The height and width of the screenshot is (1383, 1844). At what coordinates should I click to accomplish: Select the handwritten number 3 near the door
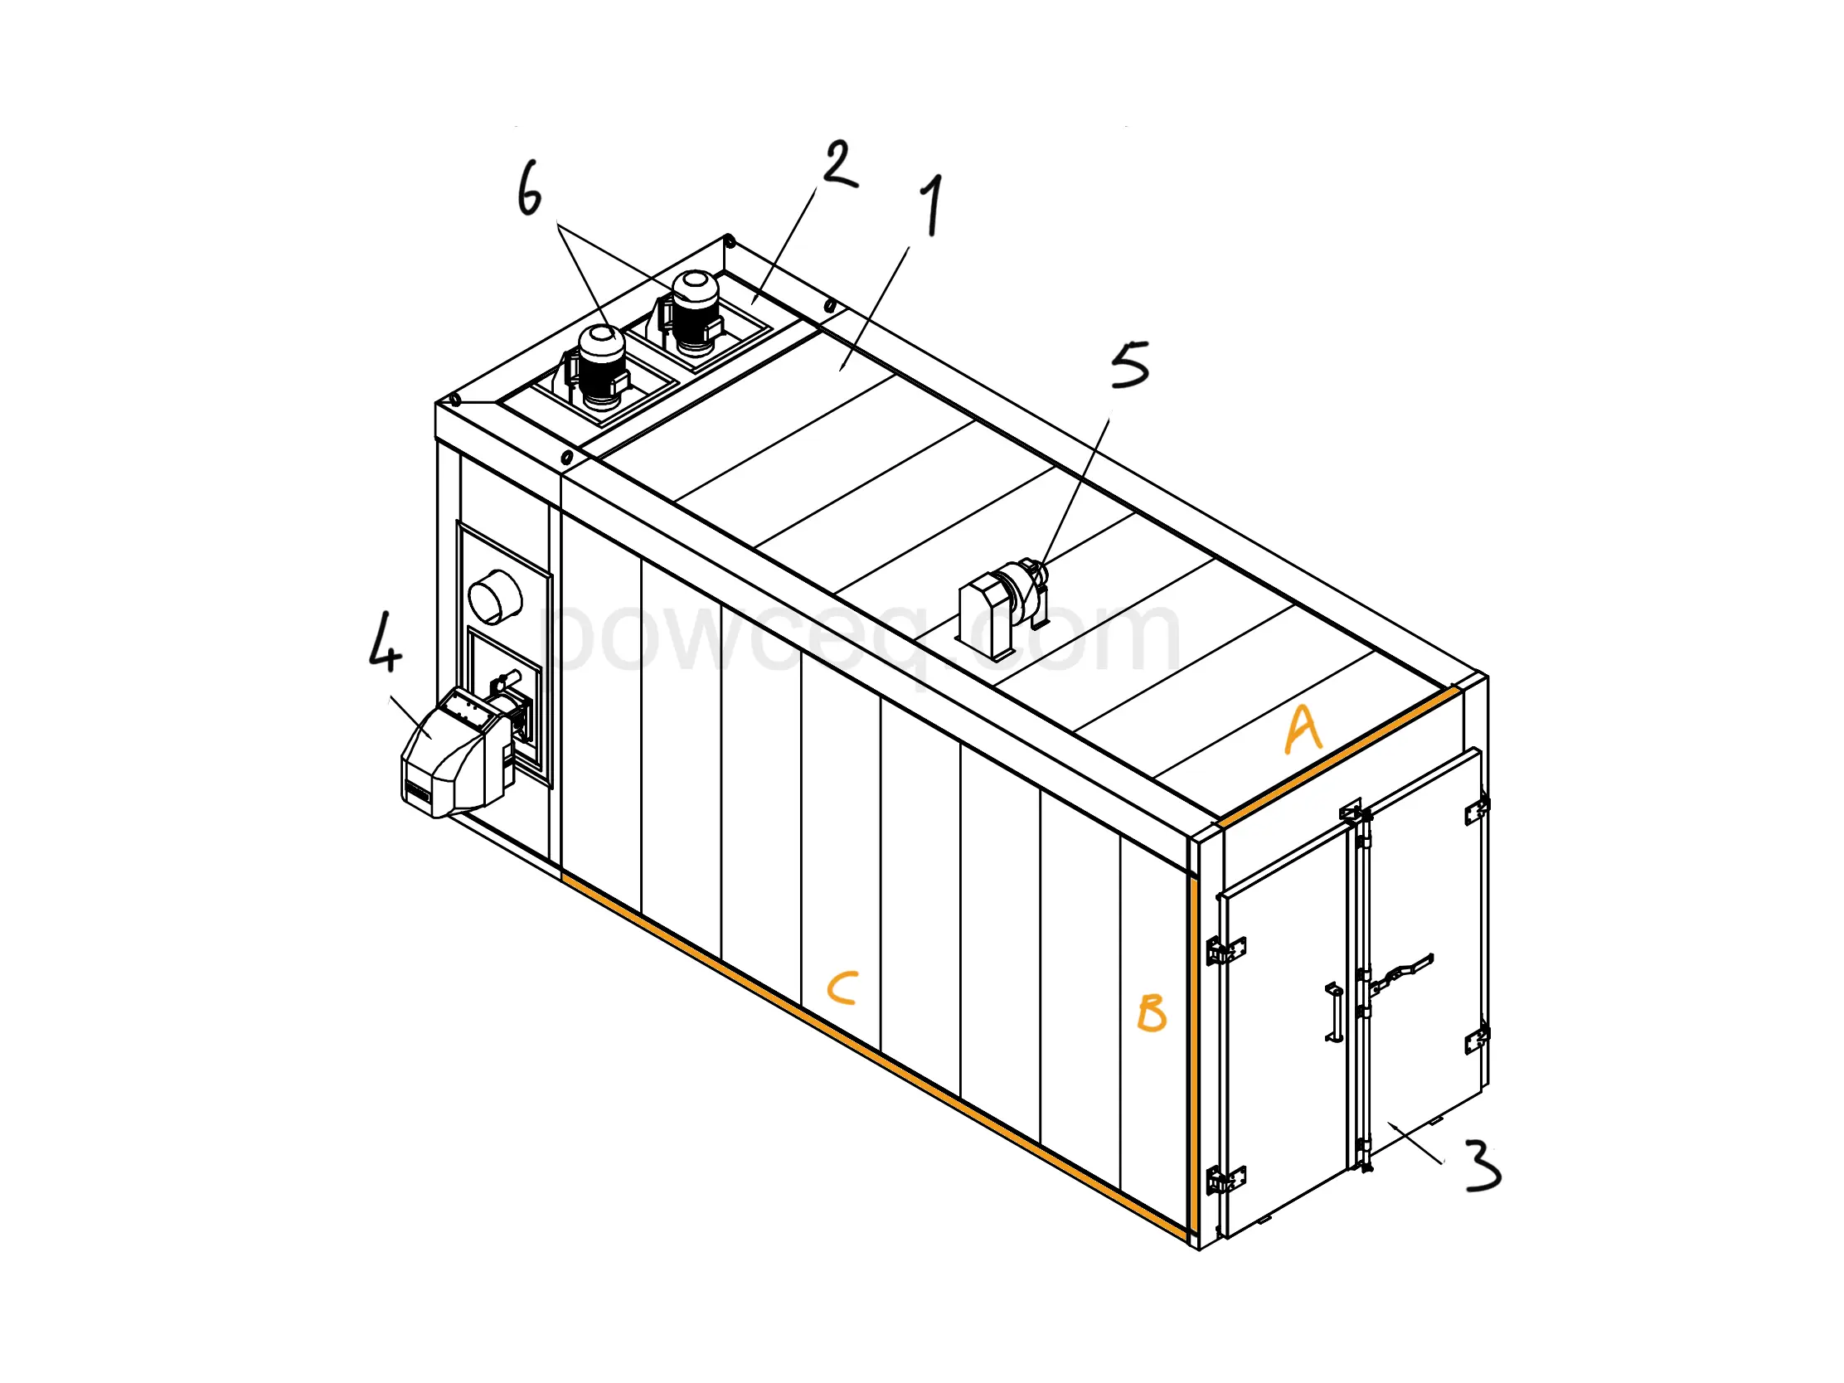click(1482, 1165)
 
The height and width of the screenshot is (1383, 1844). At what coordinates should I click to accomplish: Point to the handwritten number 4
click(386, 641)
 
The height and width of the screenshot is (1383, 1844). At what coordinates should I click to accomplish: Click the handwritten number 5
click(1129, 364)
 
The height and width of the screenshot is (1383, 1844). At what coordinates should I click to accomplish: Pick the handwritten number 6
click(529, 188)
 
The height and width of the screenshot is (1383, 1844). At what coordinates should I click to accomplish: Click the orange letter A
click(1303, 730)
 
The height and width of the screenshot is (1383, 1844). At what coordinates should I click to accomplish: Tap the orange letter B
click(1151, 1013)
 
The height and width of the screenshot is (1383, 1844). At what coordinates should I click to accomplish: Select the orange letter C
click(842, 988)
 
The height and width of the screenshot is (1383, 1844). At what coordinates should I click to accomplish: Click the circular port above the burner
click(495, 596)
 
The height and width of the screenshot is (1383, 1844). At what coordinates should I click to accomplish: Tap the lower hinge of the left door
click(1225, 1181)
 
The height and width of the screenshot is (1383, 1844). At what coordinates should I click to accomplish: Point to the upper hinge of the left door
click(1225, 950)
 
